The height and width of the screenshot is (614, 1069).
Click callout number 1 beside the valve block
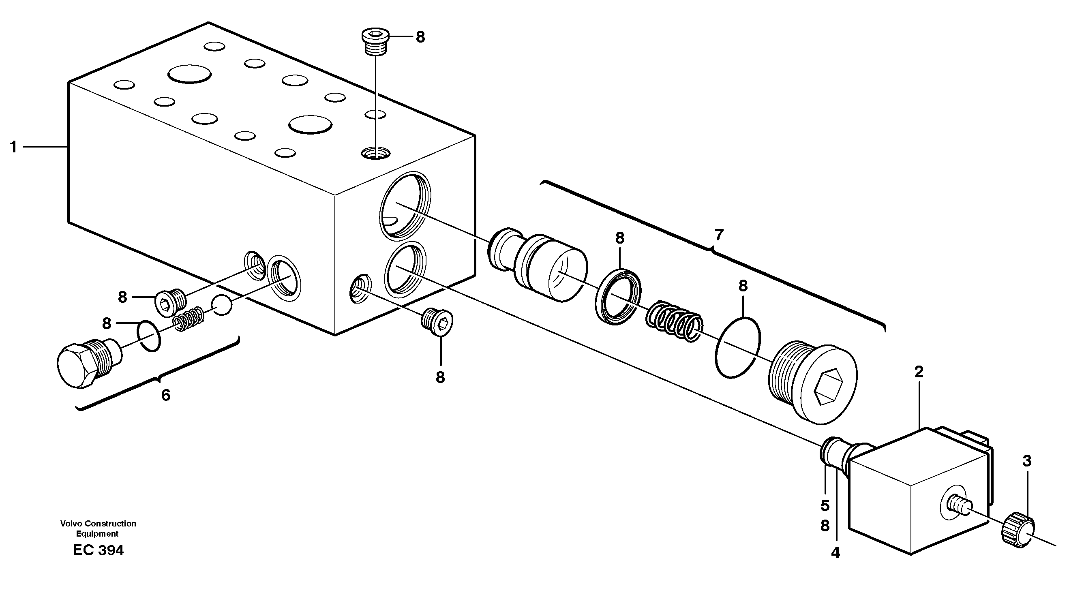pyautogui.click(x=13, y=147)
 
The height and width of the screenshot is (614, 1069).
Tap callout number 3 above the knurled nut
pyautogui.click(x=1026, y=461)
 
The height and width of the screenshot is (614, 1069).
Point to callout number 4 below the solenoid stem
pyautogui.click(x=835, y=553)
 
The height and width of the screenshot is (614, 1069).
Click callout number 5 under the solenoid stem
pyautogui.click(x=825, y=505)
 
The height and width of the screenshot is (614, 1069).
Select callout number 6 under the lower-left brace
pyautogui.click(x=166, y=395)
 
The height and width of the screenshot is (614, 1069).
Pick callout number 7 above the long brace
pyautogui.click(x=719, y=235)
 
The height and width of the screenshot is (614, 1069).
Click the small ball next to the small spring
pyautogui.click(x=222, y=305)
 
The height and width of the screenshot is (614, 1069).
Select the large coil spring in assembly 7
pyautogui.click(x=675, y=322)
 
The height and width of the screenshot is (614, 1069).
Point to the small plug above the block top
pyautogui.click(x=375, y=42)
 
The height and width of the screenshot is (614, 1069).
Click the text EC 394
pyautogui.click(x=98, y=551)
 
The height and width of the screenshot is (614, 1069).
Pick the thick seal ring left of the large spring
pyautogui.click(x=618, y=297)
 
